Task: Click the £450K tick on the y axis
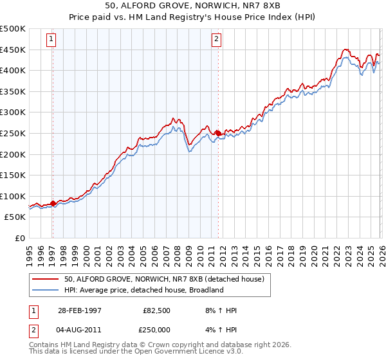13,50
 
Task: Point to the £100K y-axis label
13,196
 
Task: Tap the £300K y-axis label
13,113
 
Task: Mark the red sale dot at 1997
53,203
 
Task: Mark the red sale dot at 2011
217,133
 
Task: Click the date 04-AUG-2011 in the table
79,330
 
